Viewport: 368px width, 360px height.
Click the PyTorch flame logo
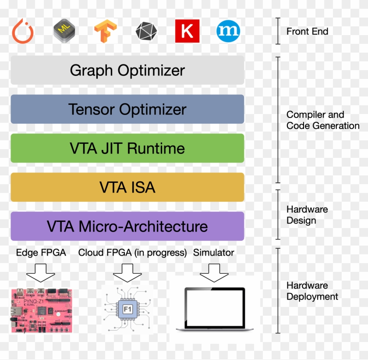click(x=23, y=31)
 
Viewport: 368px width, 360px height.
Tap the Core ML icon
click(x=64, y=31)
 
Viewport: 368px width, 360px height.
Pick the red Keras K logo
click(x=187, y=31)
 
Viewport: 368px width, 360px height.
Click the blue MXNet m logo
click(x=228, y=31)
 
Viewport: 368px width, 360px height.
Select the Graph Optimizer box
click(x=127, y=70)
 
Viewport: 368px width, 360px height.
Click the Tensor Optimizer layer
click(x=127, y=109)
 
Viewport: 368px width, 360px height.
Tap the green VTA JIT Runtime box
click(x=127, y=148)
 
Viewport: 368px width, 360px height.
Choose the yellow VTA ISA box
click(x=127, y=187)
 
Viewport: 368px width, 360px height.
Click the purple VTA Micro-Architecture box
click(x=127, y=226)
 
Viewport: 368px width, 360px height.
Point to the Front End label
click(x=307, y=31)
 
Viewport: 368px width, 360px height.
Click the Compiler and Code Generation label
click(x=322, y=120)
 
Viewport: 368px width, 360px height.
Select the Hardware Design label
click(x=307, y=215)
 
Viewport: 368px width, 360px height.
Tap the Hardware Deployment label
click(x=312, y=291)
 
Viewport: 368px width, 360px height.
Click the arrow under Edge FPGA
click(x=41, y=272)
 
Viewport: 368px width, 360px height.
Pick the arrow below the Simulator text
click(x=214, y=272)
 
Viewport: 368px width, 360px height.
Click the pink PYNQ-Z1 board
click(x=41, y=310)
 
